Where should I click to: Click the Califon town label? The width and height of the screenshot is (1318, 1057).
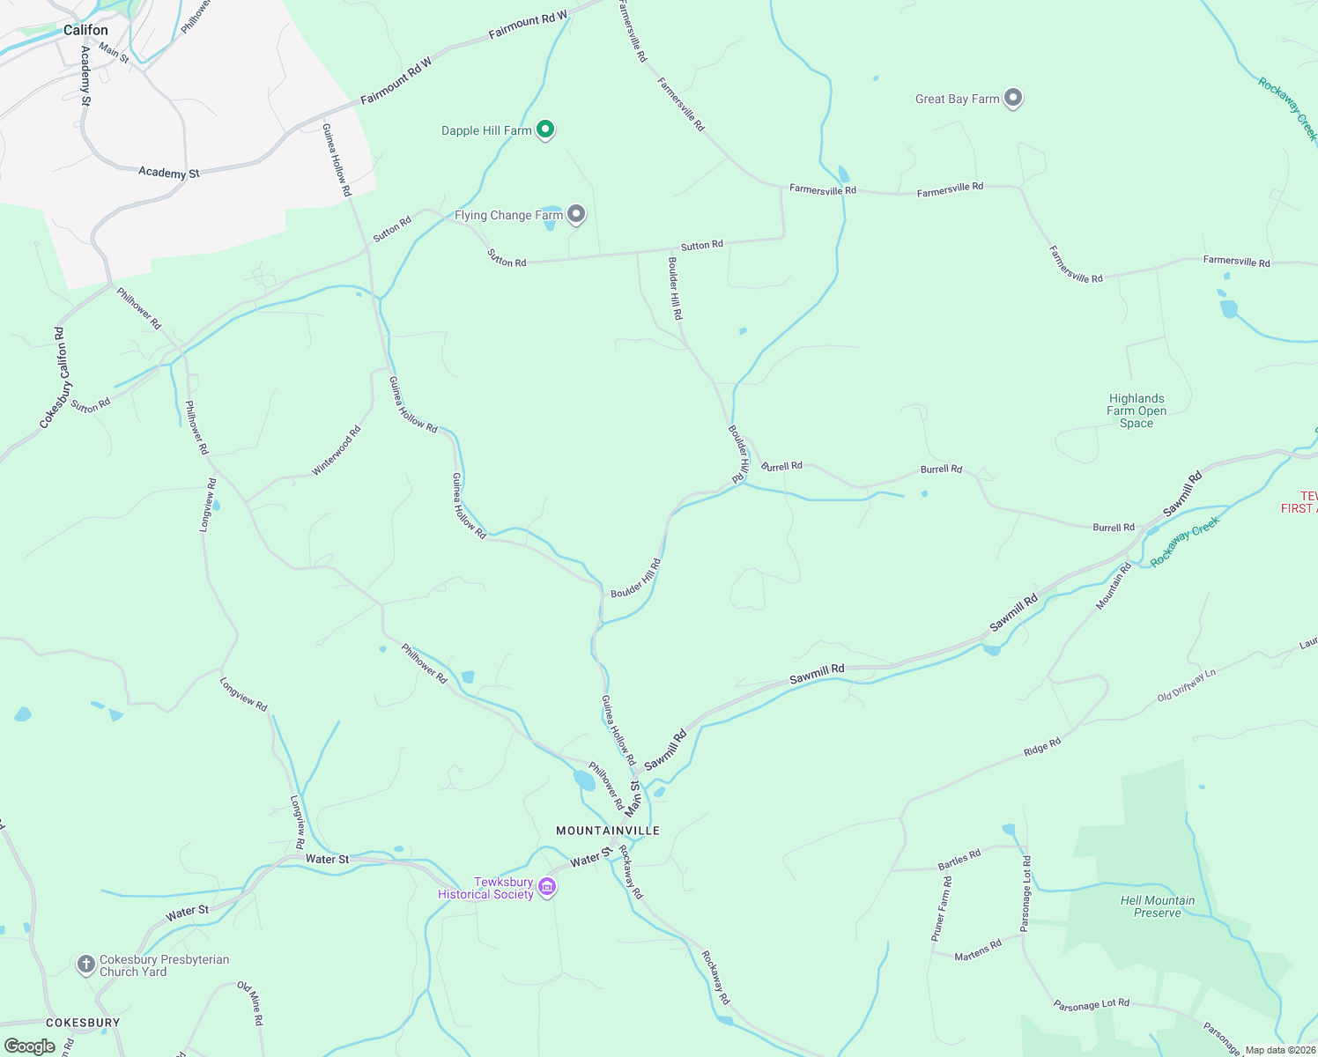coord(85,30)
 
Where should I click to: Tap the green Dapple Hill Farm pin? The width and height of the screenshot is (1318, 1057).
coord(545,130)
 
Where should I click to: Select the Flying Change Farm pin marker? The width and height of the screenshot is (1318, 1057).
coord(576,214)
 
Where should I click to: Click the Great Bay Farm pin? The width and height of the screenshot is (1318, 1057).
coord(1013,98)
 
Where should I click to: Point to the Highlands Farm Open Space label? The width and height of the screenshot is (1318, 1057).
coord(1137,410)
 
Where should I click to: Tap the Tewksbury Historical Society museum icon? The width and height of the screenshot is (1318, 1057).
coord(547,887)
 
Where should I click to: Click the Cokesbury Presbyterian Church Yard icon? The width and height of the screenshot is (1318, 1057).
coord(85,965)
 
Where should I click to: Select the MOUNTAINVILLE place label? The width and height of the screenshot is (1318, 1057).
coord(608,831)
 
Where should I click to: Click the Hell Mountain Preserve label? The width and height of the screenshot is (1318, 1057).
coord(1157,906)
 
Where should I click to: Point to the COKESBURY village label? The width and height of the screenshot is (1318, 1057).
coord(82,1023)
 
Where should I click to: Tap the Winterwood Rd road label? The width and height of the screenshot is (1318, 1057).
coord(337,451)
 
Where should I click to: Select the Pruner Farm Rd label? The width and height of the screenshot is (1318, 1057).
coord(942,909)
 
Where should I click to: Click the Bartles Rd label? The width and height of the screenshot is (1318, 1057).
coord(959,860)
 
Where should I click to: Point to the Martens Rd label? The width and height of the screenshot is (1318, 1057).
coord(978,950)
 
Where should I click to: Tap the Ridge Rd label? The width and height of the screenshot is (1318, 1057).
coord(1042,748)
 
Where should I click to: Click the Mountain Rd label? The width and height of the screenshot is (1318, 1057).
coord(1114,586)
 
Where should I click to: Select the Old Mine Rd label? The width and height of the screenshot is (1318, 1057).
coord(250,1003)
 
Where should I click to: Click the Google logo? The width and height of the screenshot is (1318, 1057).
coord(29,1046)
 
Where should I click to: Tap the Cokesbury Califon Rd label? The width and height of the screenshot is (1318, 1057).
coord(54,378)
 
